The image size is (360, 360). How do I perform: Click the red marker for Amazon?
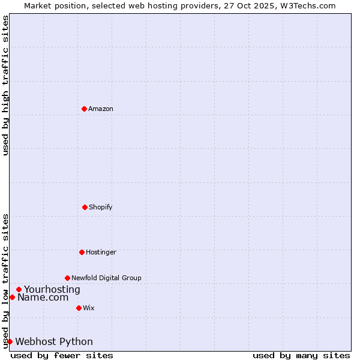84,109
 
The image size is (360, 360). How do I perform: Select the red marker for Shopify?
85,207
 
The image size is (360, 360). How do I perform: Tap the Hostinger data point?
82,252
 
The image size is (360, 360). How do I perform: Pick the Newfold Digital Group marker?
67,278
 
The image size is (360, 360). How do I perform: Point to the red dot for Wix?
79,308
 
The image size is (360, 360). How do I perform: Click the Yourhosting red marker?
19,289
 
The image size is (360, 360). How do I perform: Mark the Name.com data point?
12,297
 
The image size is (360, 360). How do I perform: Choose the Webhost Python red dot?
10,341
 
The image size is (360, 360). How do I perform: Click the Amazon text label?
101,109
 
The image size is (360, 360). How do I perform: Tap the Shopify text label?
101,207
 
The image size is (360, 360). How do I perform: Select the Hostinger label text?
101,252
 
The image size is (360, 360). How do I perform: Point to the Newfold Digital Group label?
106,278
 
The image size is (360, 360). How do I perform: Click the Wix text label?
89,308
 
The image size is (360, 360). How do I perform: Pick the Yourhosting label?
52,289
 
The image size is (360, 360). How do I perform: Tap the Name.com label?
43,297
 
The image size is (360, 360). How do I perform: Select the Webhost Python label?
54,341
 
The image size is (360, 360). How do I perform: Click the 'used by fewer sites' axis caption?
62,355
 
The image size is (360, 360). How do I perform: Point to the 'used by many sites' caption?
301,355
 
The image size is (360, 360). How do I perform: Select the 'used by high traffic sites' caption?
5,85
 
